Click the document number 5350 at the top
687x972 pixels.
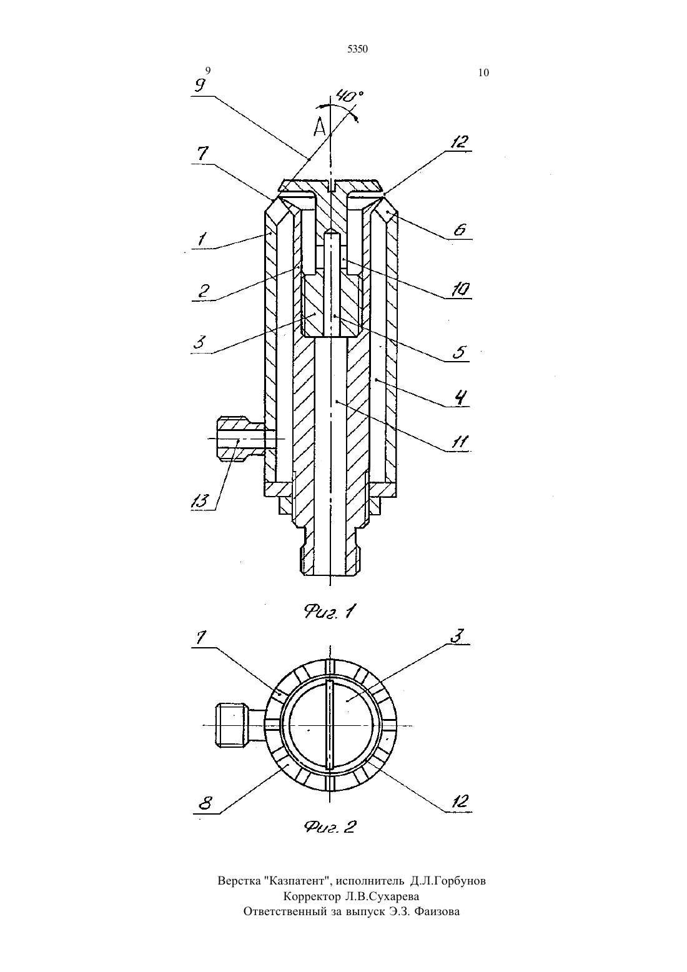click(357, 49)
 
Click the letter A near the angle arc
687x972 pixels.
click(320, 127)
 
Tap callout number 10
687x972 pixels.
click(460, 289)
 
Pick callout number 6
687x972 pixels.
click(459, 229)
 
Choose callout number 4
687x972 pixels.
click(461, 397)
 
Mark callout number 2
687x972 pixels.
click(204, 290)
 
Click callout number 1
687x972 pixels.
click(202, 239)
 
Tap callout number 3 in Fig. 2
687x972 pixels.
click(457, 635)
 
